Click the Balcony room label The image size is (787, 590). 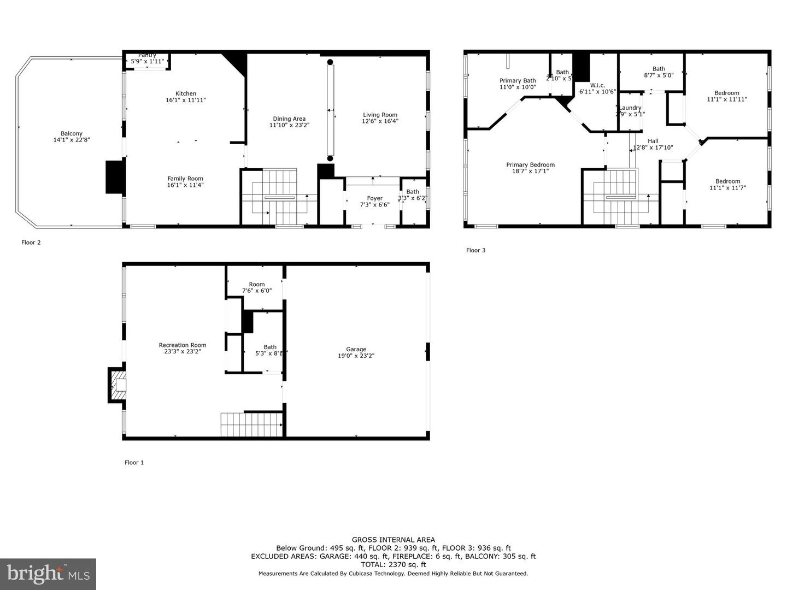[72, 134]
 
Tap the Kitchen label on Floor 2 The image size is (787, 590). [186, 93]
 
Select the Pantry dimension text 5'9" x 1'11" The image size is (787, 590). [147, 62]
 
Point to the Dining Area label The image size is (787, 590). [289, 119]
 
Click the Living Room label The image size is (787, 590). [380, 115]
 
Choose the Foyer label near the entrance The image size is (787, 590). [375, 198]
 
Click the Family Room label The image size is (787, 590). [185, 179]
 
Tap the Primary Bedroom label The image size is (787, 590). [530, 165]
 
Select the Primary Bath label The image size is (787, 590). [518, 81]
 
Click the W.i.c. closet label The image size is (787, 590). [597, 85]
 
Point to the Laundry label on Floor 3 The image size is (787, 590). [630, 108]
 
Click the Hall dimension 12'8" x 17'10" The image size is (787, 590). [653, 147]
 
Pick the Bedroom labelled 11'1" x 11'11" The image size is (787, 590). [726, 93]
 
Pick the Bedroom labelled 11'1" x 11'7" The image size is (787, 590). [727, 181]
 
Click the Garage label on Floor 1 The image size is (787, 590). [356, 349]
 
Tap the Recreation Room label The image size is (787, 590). [183, 345]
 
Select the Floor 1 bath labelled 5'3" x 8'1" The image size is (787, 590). [270, 347]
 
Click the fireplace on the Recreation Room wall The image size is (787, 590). [117, 386]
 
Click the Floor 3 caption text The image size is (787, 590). [475, 250]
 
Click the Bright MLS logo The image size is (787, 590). [48, 574]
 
